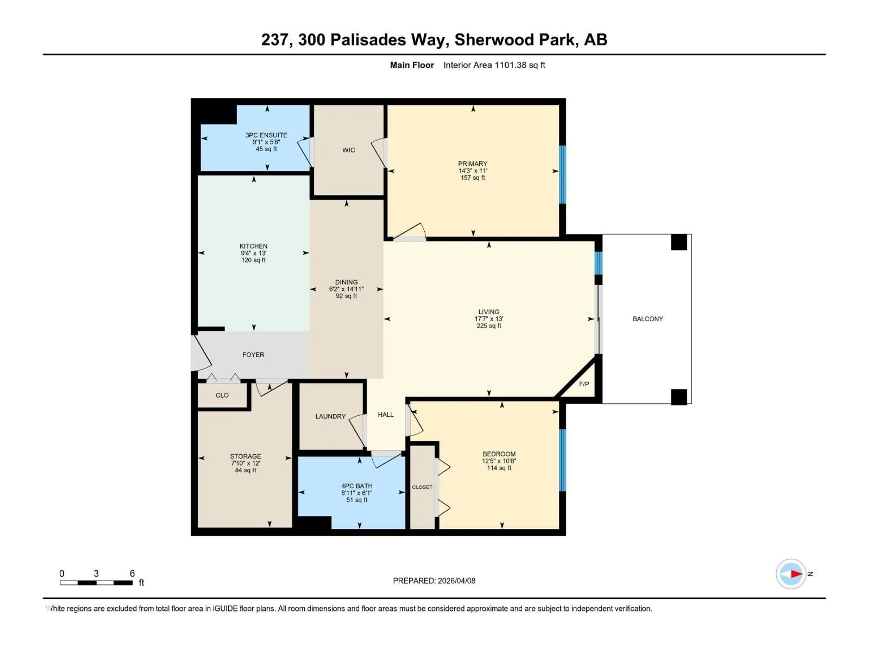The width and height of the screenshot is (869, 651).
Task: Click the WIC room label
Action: click(349, 150)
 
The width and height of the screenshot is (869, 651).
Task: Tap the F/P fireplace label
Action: click(584, 384)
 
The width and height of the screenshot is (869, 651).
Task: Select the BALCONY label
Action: click(647, 319)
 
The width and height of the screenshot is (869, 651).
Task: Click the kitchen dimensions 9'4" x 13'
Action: click(253, 253)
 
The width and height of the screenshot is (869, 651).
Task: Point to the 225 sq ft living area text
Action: click(489, 326)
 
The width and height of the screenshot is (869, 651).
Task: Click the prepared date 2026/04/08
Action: click(456, 581)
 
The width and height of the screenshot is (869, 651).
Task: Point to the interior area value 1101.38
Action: click(510, 65)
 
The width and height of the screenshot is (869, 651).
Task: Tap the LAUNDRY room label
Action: click(330, 416)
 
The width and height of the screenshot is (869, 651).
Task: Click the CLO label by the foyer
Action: click(222, 395)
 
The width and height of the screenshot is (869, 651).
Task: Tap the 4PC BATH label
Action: click(357, 486)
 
